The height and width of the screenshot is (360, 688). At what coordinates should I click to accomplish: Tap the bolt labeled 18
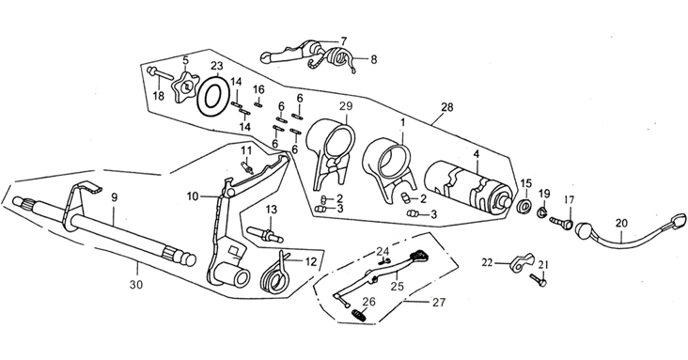click(x=161, y=73)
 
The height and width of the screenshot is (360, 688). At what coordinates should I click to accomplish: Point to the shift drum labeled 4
click(x=468, y=188)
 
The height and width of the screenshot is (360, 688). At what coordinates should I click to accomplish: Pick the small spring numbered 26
click(x=359, y=314)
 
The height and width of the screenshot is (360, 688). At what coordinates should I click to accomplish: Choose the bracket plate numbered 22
click(x=522, y=262)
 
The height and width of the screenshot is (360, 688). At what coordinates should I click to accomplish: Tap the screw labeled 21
click(x=539, y=280)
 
